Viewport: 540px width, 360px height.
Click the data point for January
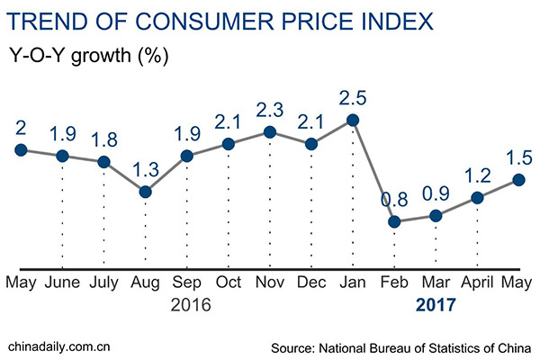pyautogui.click(x=353, y=120)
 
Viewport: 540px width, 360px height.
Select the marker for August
pyautogui.click(x=145, y=191)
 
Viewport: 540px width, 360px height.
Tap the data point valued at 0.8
pyautogui.click(x=394, y=221)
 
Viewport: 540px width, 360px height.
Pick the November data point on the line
pyautogui.click(x=270, y=132)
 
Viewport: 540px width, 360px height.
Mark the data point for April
pyautogui.click(x=478, y=197)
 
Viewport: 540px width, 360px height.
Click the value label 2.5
pyautogui.click(x=353, y=95)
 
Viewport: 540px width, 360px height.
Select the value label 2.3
pyautogui.click(x=270, y=108)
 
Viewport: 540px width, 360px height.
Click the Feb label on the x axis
pyautogui.click(x=394, y=282)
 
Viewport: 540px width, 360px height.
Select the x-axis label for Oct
pyautogui.click(x=229, y=282)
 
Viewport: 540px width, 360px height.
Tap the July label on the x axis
pyautogui.click(x=104, y=282)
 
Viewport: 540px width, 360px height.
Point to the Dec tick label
pyautogui.click(x=311, y=282)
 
